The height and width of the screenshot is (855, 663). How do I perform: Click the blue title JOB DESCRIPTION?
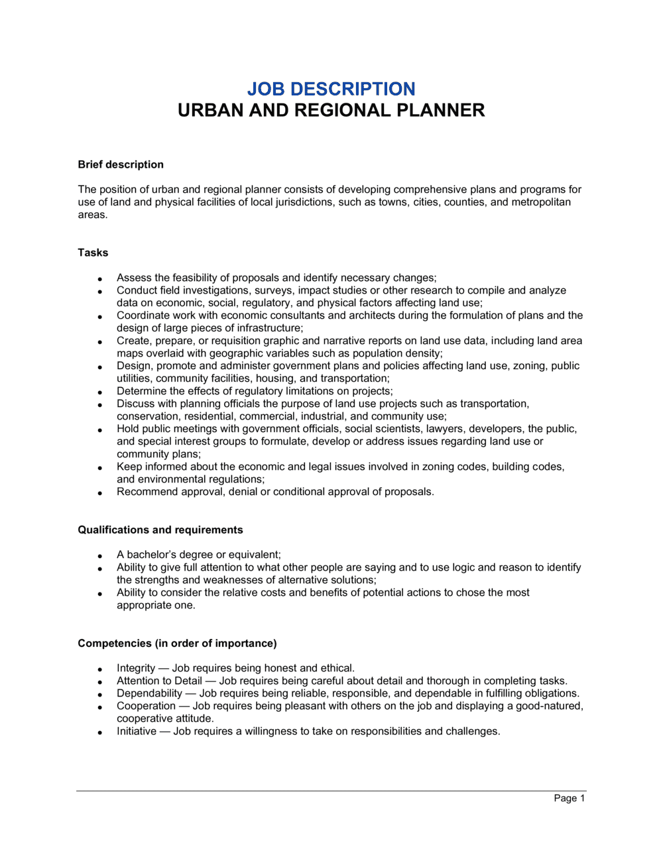coord(331,89)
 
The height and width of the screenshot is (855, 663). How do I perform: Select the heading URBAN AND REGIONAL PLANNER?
coord(331,110)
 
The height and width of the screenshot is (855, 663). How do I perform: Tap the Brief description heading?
coord(121,164)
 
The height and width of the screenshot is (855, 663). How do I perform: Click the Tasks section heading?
coord(93,253)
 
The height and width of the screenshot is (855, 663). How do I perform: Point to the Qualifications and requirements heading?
coord(160,530)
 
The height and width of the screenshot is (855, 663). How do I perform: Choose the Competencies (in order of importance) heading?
coord(177,643)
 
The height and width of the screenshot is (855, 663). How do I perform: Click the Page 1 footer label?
coord(569,798)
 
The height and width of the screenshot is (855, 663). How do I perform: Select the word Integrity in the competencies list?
coord(136,668)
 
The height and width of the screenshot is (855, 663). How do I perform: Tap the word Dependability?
coord(149,693)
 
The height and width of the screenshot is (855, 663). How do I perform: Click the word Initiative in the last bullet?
coord(137,731)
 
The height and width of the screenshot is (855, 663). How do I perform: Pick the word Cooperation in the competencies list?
coord(146,706)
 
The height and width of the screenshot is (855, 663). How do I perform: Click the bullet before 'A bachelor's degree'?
coord(99,556)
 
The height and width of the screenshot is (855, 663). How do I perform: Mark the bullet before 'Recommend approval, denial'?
coord(99,493)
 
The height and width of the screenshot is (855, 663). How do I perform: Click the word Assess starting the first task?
coord(133,278)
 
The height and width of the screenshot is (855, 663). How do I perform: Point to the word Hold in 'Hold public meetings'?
coord(128,429)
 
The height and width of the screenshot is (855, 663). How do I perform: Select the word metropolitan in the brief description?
coord(540,202)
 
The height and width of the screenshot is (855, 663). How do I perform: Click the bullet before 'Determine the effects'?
coord(99,392)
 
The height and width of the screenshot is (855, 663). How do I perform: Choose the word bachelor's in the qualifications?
coord(153,555)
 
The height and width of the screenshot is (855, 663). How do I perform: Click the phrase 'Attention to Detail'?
coord(159,681)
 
